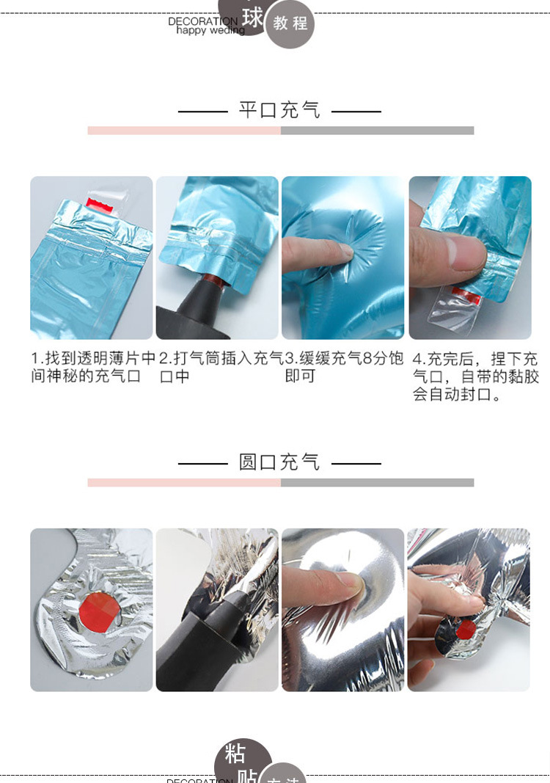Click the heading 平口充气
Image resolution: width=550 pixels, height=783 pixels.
[279, 111]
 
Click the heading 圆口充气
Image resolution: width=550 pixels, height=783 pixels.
[279, 462]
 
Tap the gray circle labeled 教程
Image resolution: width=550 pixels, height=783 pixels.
[290, 23]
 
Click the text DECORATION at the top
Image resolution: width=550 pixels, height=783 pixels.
[202, 21]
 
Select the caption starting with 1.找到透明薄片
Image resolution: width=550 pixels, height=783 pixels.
[92, 367]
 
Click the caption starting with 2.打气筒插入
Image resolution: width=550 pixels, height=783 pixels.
[221, 367]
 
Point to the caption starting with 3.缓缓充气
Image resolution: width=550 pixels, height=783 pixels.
[344, 367]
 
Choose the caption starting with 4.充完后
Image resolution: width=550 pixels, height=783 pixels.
[474, 376]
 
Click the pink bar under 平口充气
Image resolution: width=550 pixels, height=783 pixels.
[184, 131]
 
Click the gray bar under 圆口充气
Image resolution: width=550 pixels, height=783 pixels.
[377, 483]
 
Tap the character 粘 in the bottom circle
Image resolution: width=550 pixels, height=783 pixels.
[235, 754]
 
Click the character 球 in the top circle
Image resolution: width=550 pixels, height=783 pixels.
[252, 16]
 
